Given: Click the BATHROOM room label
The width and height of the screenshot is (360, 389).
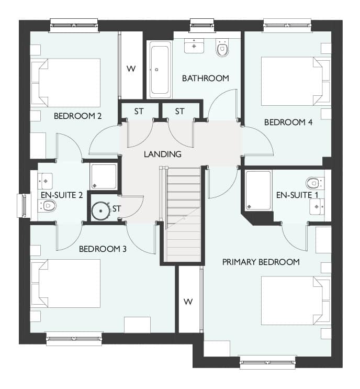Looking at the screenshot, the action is click(x=205, y=79).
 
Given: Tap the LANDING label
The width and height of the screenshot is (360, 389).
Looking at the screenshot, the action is click(x=163, y=154).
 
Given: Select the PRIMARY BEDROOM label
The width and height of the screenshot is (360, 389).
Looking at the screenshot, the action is click(x=261, y=262).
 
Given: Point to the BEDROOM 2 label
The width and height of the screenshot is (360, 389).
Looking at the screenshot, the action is click(x=77, y=116).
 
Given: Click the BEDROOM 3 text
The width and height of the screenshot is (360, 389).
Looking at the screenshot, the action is click(x=103, y=249).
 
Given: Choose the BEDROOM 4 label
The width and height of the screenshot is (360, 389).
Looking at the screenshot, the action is click(x=288, y=123).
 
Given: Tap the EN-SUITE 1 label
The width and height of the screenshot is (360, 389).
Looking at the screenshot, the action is click(x=297, y=195).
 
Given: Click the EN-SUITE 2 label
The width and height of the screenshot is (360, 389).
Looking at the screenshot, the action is click(x=62, y=195).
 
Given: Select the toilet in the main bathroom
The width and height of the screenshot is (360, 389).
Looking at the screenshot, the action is click(x=222, y=48).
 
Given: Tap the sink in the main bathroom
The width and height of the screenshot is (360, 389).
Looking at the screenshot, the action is click(x=194, y=46).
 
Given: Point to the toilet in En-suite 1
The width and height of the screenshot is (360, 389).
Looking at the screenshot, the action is click(x=314, y=183).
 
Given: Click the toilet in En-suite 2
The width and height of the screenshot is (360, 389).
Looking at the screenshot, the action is click(x=47, y=206).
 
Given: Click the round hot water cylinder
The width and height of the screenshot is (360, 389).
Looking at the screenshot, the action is click(x=100, y=211).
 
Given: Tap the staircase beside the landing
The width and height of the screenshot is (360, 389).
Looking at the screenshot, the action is click(x=184, y=215).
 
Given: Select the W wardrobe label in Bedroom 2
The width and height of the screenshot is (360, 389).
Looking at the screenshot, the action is click(x=131, y=69).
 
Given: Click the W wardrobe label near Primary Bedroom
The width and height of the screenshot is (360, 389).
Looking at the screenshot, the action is click(x=188, y=302).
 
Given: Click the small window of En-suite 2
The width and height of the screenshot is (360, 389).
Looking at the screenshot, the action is click(x=24, y=206).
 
